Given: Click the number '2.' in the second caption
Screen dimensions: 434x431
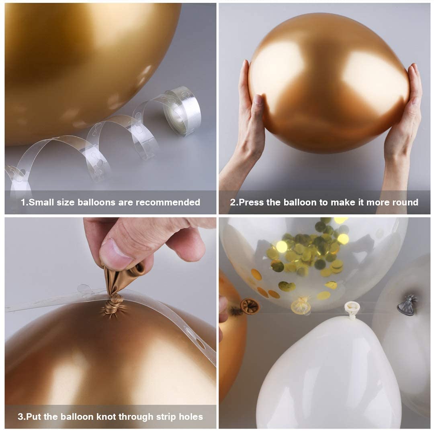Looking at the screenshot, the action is (x=234, y=202).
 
